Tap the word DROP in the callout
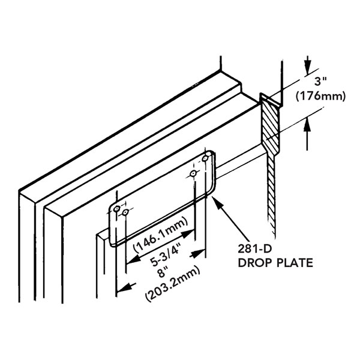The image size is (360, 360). coord(253,262)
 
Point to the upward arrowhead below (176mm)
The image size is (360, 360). coord(308,124)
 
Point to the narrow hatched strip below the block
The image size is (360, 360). coord(271,192)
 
